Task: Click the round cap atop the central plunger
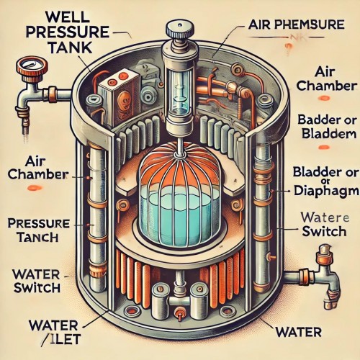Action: pos(177,30)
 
